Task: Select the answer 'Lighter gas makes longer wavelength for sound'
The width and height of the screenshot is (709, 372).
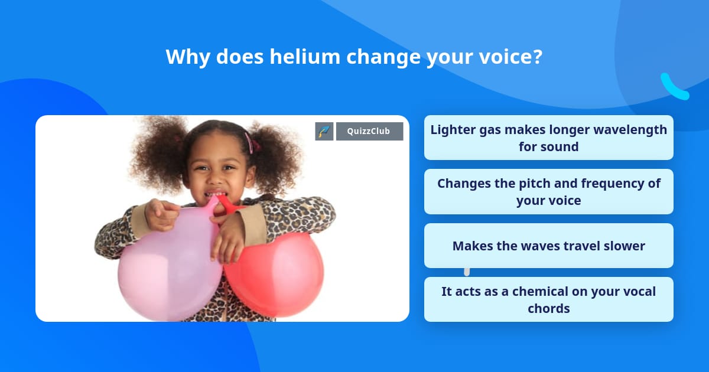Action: pyautogui.click(x=548, y=138)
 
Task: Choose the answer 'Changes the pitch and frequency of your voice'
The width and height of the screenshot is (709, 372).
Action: pyautogui.click(x=548, y=191)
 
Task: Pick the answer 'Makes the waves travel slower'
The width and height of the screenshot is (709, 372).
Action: pyautogui.click(x=548, y=246)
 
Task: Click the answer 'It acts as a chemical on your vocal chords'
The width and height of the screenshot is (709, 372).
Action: pyautogui.click(x=548, y=299)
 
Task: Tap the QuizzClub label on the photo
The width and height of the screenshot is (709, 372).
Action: pyautogui.click(x=369, y=131)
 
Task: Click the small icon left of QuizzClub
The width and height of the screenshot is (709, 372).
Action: pyautogui.click(x=324, y=131)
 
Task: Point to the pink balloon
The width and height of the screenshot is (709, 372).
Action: pyautogui.click(x=169, y=266)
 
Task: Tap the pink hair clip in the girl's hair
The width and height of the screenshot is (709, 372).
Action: pyautogui.click(x=252, y=143)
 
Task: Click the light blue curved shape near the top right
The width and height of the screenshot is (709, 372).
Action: pyautogui.click(x=674, y=87)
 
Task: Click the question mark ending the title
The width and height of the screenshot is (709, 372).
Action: pyautogui.click(x=537, y=57)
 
